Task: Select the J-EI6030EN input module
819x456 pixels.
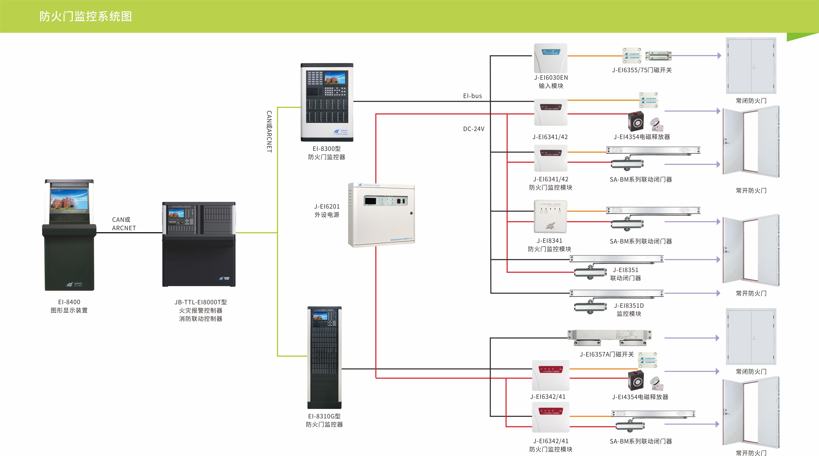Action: pyautogui.click(x=550, y=58)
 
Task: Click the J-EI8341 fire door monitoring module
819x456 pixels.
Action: pyautogui.click(x=550, y=216)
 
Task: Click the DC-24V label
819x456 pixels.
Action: pyautogui.click(x=473, y=129)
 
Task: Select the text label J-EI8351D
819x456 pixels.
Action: pyautogui.click(x=629, y=306)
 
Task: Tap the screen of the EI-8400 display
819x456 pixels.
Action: pyautogui.click(x=69, y=201)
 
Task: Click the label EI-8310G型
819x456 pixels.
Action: pyautogui.click(x=324, y=416)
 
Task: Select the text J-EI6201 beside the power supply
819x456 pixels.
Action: pyautogui.click(x=327, y=207)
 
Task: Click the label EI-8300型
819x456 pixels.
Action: pyautogui.click(x=327, y=149)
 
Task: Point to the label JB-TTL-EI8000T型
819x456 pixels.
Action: pyautogui.click(x=201, y=302)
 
